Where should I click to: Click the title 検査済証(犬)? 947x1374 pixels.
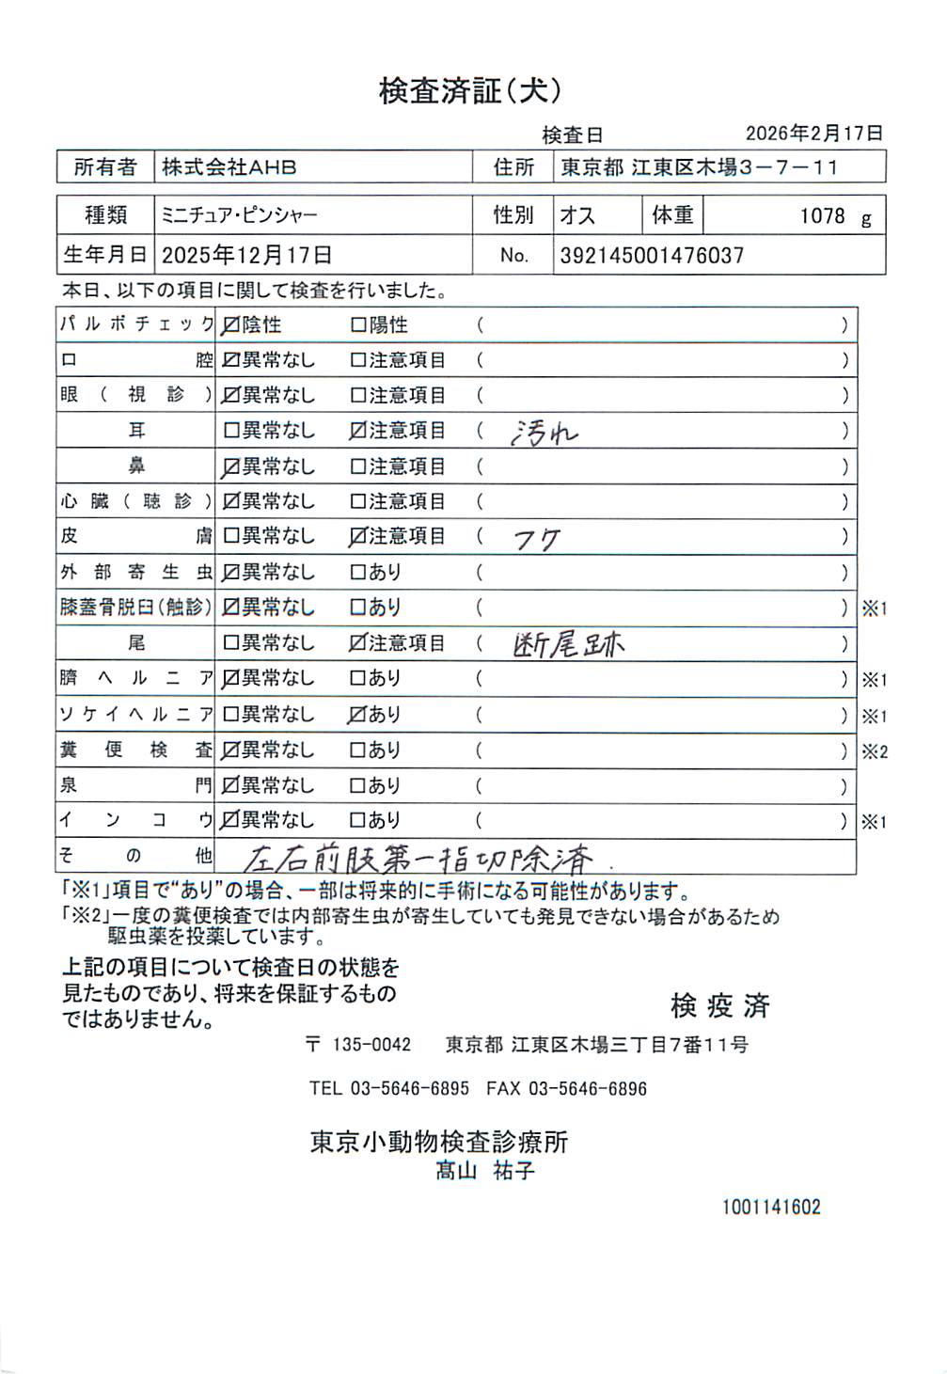click(470, 91)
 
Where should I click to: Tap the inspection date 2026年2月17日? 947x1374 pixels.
click(813, 134)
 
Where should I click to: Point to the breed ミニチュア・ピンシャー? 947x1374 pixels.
click(240, 215)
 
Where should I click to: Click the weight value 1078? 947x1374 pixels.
click(822, 216)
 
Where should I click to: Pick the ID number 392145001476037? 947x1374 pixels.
click(652, 256)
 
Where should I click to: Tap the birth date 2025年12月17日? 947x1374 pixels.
click(246, 256)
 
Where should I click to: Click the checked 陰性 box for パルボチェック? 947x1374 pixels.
click(230, 325)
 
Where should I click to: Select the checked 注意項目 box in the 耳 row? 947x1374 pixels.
click(357, 431)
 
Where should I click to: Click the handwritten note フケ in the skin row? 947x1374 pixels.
click(537, 540)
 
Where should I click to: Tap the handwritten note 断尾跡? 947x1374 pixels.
click(569, 644)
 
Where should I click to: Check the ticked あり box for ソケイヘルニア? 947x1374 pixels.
click(357, 715)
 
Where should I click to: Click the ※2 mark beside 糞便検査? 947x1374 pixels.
click(875, 751)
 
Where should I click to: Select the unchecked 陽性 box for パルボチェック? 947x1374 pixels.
click(357, 325)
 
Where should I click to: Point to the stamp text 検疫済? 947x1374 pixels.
click(719, 1005)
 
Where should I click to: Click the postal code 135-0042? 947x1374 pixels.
click(371, 1045)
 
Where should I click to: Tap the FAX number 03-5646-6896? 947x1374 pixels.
click(588, 1089)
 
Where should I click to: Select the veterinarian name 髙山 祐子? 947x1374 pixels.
click(484, 1171)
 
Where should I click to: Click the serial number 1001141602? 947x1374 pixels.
click(771, 1208)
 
